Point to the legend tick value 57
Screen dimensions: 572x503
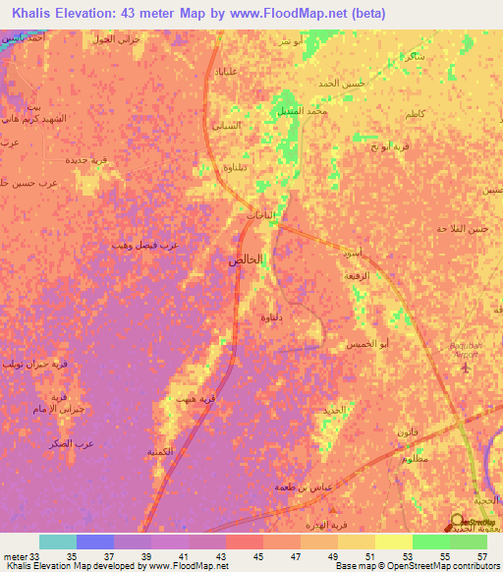[481, 555]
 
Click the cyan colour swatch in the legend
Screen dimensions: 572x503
[58, 542]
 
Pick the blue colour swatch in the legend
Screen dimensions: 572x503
[95, 542]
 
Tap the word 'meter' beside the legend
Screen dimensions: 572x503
[15, 555]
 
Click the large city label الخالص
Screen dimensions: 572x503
[246, 260]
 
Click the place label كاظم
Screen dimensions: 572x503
[415, 115]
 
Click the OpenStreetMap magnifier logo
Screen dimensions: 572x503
[458, 522]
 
